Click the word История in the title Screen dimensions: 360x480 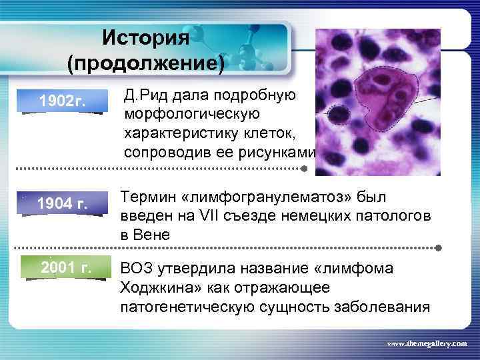click(146, 39)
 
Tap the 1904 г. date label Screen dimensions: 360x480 click(64, 203)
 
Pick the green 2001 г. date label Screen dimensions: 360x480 click(65, 269)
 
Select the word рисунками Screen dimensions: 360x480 click(280, 153)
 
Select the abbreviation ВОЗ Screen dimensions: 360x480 click(137, 269)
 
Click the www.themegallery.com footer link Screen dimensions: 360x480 click(427, 343)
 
